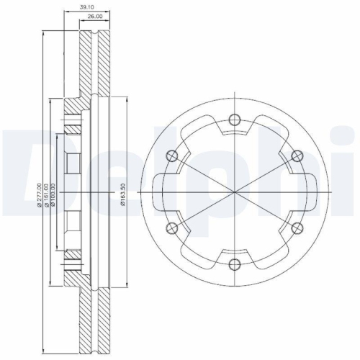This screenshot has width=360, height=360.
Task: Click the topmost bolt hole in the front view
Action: point(234,121)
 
